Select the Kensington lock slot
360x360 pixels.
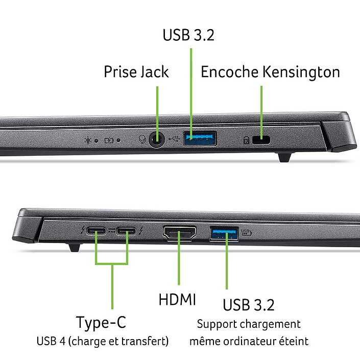click(265, 138)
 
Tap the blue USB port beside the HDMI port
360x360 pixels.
click(224, 233)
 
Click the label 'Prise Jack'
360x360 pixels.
click(136, 72)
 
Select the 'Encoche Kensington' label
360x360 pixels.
click(270, 72)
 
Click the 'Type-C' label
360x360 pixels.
click(101, 323)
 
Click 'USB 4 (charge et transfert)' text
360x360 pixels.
click(102, 341)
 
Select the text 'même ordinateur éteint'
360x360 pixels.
click(249, 341)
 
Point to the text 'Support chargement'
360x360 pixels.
click(249, 324)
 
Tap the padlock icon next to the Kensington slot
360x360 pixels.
click(247, 139)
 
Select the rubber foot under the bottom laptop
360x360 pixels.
click(74, 248)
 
